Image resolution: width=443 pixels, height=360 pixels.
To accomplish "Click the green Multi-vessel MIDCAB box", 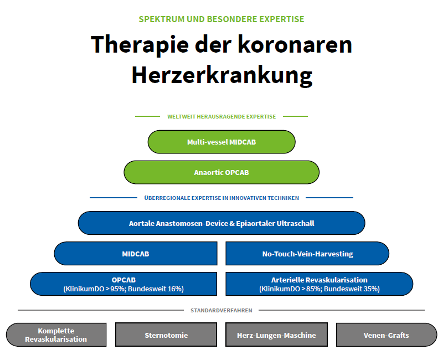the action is pos(221,142).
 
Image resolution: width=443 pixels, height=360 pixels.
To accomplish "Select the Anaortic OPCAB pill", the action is pos(221,172).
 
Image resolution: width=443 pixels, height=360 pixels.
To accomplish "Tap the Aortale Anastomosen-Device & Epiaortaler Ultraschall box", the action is pos(221,223).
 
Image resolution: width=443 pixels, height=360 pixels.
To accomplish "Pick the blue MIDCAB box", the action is pos(136,254).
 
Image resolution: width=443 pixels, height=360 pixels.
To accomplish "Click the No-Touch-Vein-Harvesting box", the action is pos(307,254).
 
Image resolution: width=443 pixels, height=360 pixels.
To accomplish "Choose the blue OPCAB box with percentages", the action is pos(123,284).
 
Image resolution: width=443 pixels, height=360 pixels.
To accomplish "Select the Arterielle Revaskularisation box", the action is pos(320,284).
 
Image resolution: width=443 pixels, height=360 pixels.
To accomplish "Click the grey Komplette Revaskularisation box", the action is pos(56,335).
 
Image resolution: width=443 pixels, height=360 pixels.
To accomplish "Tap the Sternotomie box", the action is pos(166,335).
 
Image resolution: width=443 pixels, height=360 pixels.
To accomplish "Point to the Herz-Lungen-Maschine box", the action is pos(276,335).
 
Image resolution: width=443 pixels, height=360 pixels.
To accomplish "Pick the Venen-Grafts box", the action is pos(387,335).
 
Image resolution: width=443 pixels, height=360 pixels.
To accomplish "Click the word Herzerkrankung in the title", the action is pos(222,76).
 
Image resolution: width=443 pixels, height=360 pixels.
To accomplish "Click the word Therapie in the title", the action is pos(140,45).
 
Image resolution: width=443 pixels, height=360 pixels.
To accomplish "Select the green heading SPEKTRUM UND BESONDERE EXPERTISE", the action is pos(221,19).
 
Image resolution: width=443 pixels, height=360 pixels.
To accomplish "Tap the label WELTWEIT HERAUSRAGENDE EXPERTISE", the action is pos(221,117).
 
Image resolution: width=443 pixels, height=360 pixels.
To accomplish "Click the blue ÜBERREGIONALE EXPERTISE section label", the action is pos(221,198).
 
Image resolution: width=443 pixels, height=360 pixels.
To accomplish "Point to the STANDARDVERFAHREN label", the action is pos(221,311).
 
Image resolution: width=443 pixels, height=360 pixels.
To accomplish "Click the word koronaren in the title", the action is pos(295,45).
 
